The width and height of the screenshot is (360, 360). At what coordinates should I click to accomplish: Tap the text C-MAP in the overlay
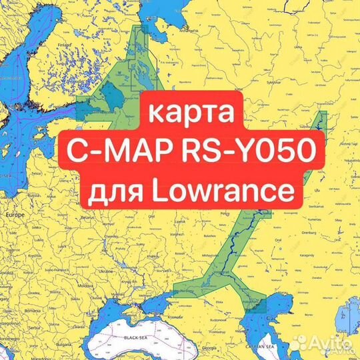coord(110,153)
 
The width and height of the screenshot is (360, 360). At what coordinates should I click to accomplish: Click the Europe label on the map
coord(14,215)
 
